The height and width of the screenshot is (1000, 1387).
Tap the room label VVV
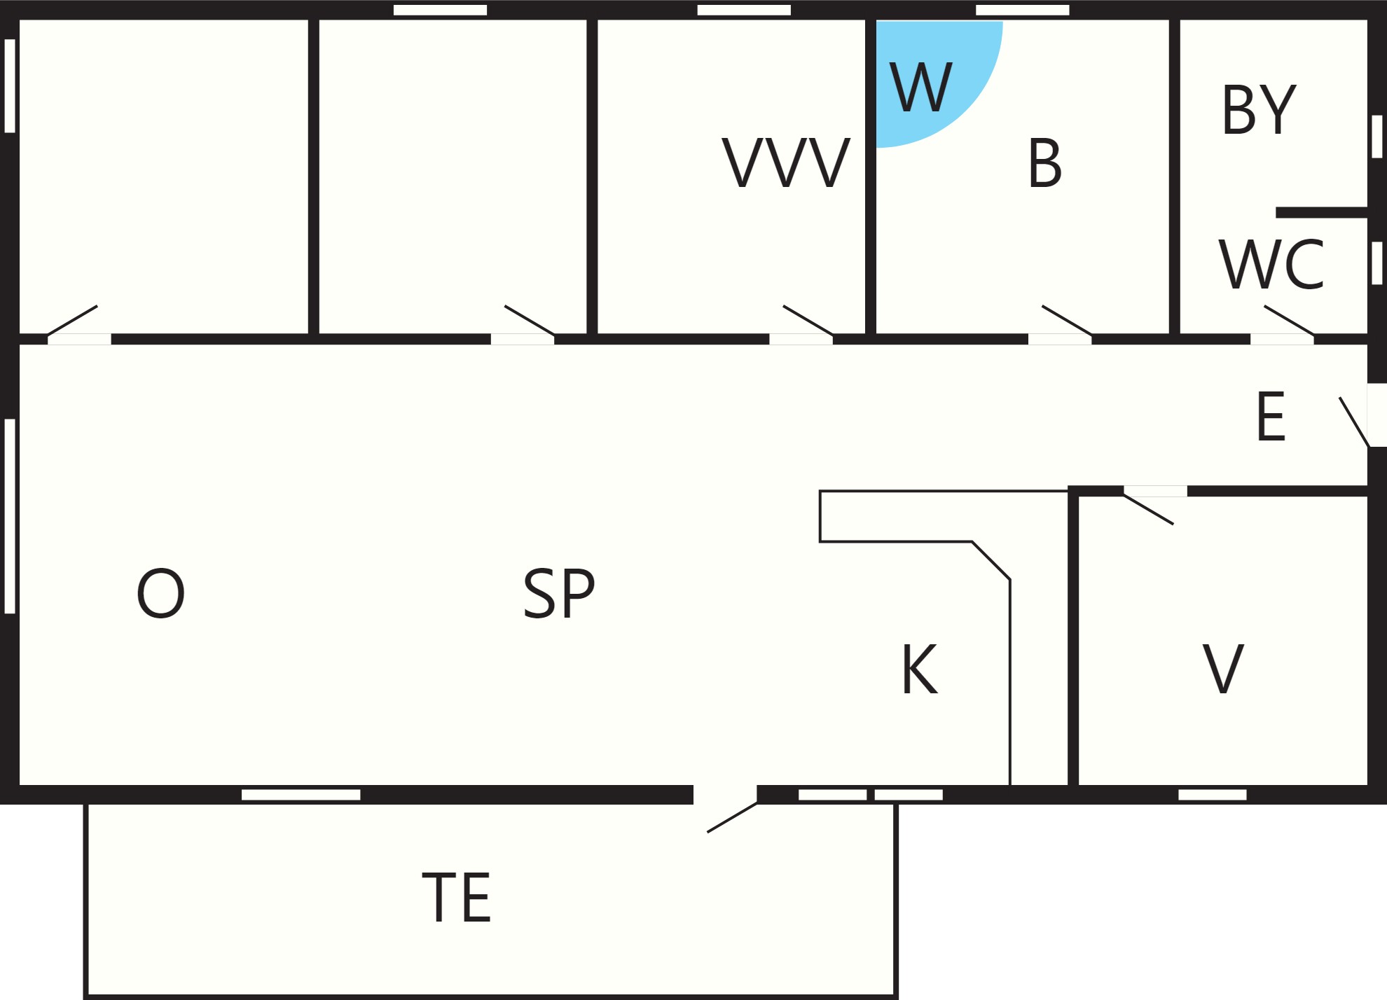point(786,163)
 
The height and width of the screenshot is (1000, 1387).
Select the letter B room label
point(1045,163)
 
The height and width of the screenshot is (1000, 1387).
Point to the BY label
point(1259,109)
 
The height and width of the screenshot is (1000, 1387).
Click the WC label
point(1271,265)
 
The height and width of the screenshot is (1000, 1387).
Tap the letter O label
point(160,593)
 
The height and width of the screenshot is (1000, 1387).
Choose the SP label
point(559,593)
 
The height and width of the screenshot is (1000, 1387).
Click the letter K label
point(919,669)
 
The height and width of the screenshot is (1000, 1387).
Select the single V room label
point(1223,669)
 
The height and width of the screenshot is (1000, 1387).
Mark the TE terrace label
point(457,897)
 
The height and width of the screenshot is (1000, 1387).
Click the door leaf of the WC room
point(1289,320)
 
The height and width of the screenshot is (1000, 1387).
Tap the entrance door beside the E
point(1354,422)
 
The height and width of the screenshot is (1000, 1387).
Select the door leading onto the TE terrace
point(732,817)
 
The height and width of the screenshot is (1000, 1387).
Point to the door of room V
point(1148,509)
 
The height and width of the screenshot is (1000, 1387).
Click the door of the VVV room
point(808,320)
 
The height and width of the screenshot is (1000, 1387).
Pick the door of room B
point(1067,320)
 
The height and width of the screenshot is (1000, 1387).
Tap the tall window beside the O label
point(10,516)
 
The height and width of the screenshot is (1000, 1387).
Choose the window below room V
point(1213,794)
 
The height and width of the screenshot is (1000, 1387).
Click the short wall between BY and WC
point(1322,212)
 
